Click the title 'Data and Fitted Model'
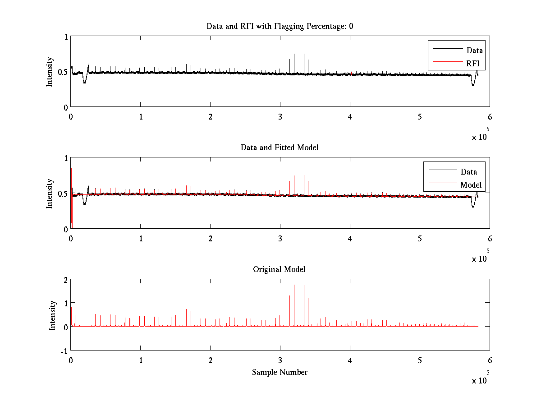(x=280, y=148)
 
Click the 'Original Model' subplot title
(x=279, y=269)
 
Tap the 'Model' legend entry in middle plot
(x=471, y=185)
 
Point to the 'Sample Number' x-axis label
(x=280, y=372)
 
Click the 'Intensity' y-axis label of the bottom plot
(x=53, y=315)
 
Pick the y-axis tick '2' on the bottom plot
(x=65, y=280)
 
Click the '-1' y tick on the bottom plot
(x=63, y=351)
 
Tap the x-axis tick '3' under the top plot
(x=280, y=116)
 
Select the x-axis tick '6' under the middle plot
(x=490, y=238)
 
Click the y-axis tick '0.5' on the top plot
(x=62, y=72)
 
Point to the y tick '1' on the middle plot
(x=65, y=158)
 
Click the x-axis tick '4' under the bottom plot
(x=350, y=360)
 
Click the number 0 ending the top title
(x=351, y=26)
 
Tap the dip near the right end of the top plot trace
(x=473, y=84)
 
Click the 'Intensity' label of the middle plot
(x=50, y=194)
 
